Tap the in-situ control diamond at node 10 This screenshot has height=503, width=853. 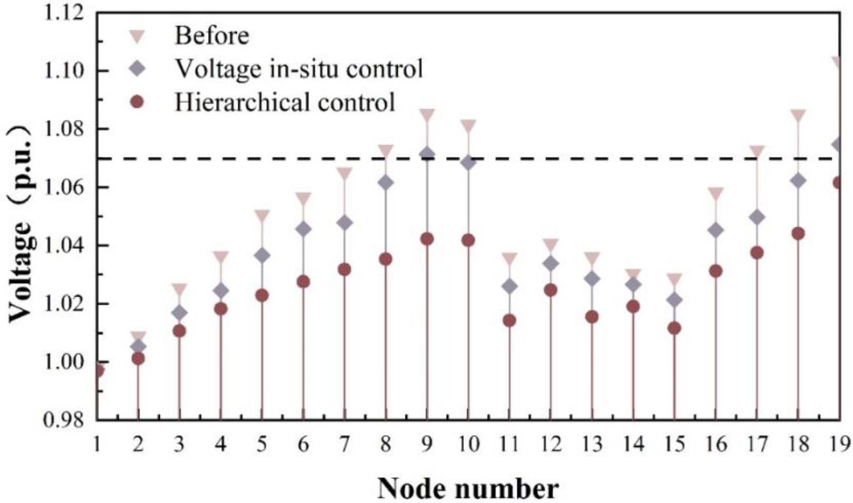[468, 162]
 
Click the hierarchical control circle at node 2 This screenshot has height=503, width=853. [138, 359]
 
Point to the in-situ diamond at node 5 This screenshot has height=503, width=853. [262, 255]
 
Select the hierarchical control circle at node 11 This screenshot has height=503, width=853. [509, 320]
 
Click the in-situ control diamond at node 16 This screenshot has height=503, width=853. [716, 230]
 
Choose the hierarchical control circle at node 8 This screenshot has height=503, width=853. [385, 259]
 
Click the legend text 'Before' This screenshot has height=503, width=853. [211, 35]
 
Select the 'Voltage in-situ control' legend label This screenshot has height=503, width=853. [298, 68]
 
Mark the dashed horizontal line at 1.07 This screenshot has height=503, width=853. [328, 159]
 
